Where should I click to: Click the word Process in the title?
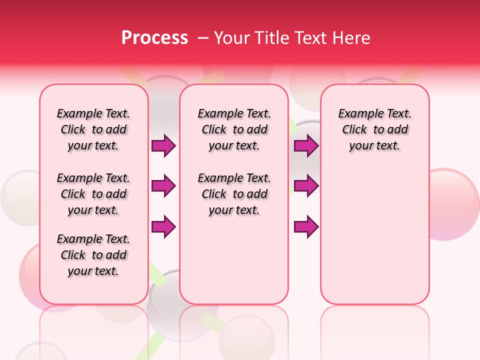pyautogui.click(x=154, y=38)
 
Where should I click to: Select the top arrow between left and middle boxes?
pyautogui.click(x=163, y=145)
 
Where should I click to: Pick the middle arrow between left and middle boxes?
pyautogui.click(x=163, y=186)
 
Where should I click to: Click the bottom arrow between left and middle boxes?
pyautogui.click(x=163, y=226)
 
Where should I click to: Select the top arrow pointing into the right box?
pyautogui.click(x=306, y=145)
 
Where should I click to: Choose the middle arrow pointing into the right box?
pyautogui.click(x=306, y=186)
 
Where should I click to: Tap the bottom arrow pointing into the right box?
pyautogui.click(x=306, y=226)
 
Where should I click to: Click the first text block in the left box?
pyautogui.click(x=93, y=129)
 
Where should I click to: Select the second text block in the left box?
pyautogui.click(x=93, y=194)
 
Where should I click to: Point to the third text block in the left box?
pyautogui.click(x=93, y=255)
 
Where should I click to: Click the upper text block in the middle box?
pyautogui.click(x=234, y=129)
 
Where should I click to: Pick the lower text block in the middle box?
pyautogui.click(x=234, y=194)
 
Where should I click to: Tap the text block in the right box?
pyautogui.click(x=374, y=129)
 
